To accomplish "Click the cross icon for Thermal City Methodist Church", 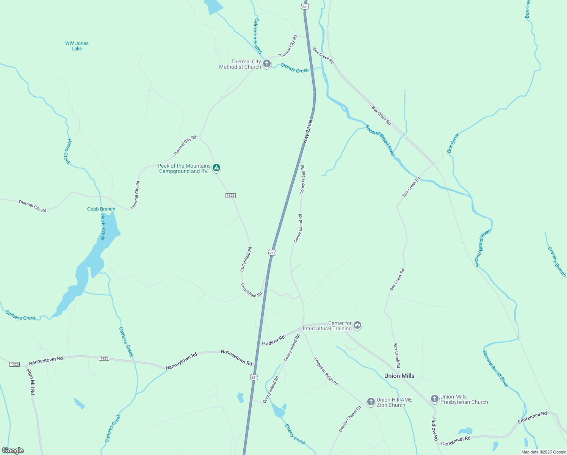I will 267,64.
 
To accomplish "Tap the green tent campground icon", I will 216,168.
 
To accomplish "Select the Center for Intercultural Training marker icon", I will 357,325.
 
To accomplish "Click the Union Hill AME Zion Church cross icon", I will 371,402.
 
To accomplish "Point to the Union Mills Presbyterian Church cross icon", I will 435,399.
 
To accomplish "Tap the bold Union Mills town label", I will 399,376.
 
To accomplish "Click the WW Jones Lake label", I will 77,46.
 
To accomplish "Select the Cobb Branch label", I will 101,209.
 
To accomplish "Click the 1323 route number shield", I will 230,196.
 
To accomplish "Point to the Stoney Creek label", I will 294,68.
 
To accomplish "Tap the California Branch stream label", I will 257,36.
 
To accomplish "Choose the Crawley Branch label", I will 556,262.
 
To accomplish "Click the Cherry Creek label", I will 295,434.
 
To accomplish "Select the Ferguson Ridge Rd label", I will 326,372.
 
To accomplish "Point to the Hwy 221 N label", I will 307,132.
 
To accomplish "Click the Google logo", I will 13,450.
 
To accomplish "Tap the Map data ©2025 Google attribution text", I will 543,452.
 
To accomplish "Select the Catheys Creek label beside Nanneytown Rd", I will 126,342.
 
